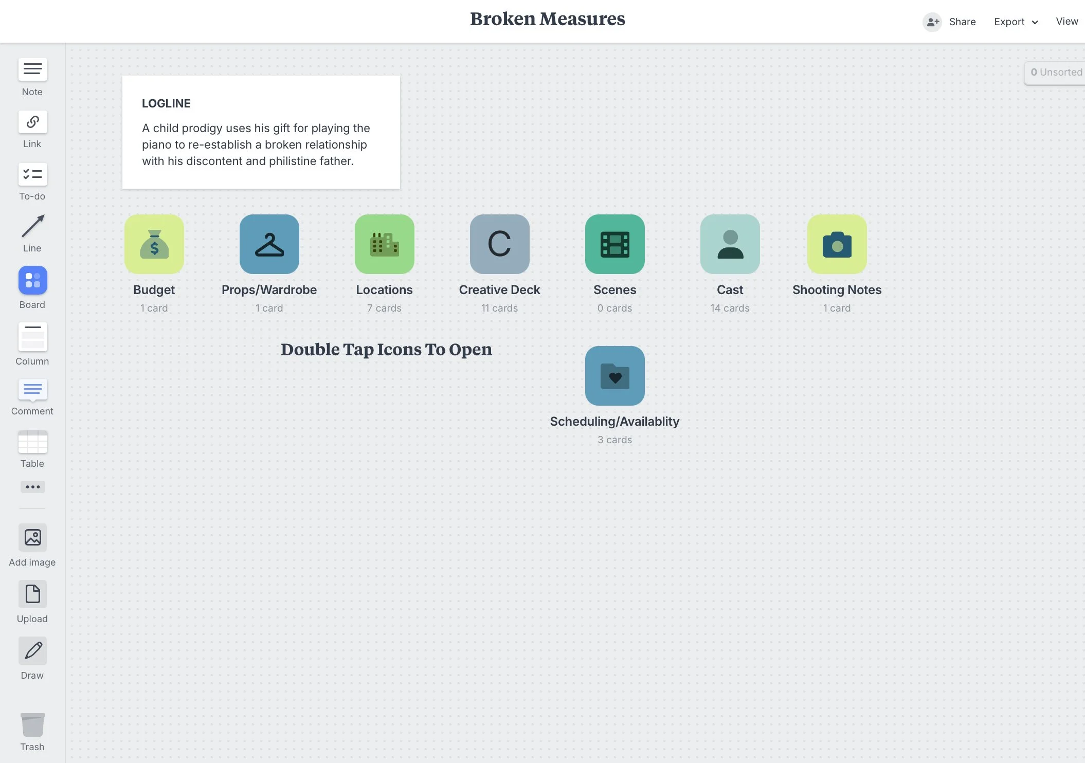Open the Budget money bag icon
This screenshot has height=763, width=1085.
click(154, 244)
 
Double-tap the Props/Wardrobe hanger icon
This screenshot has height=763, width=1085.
click(269, 244)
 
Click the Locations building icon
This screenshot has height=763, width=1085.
click(385, 244)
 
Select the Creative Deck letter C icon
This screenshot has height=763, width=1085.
click(500, 244)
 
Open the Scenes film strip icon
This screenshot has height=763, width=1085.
click(615, 244)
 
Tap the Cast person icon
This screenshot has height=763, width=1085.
click(730, 244)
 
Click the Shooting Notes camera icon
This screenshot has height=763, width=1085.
click(837, 244)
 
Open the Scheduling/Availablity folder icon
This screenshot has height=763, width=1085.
click(615, 376)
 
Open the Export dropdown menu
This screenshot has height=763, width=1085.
click(1016, 22)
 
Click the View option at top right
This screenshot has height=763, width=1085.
click(1067, 22)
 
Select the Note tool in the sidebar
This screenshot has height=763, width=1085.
click(33, 69)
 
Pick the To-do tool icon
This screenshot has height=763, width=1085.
click(33, 174)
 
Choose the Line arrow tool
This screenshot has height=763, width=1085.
click(33, 226)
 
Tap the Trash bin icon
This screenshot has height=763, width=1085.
click(33, 725)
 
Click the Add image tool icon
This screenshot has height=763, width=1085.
click(33, 537)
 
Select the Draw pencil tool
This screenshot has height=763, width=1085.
click(33, 650)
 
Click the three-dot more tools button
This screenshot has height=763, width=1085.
click(33, 487)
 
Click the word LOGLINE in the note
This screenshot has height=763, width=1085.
click(166, 103)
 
